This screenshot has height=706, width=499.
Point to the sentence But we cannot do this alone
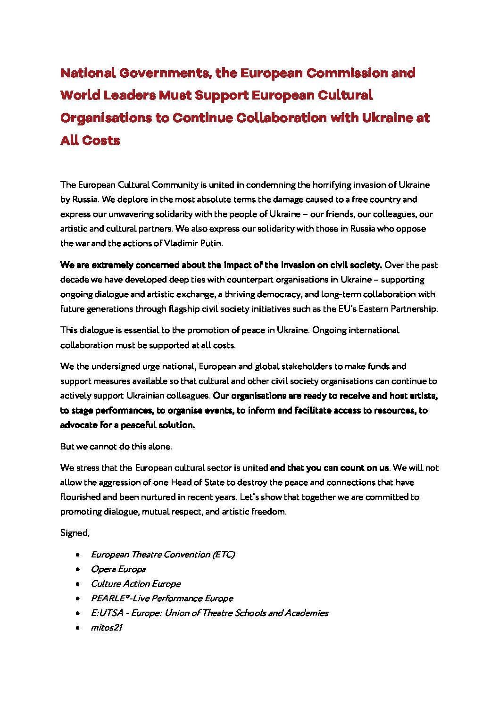[116, 447]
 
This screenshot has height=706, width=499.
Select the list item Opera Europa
[118, 569]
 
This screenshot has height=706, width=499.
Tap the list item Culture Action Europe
[136, 584]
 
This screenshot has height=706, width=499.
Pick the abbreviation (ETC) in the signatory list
[224, 555]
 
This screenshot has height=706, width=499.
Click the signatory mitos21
[107, 628]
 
